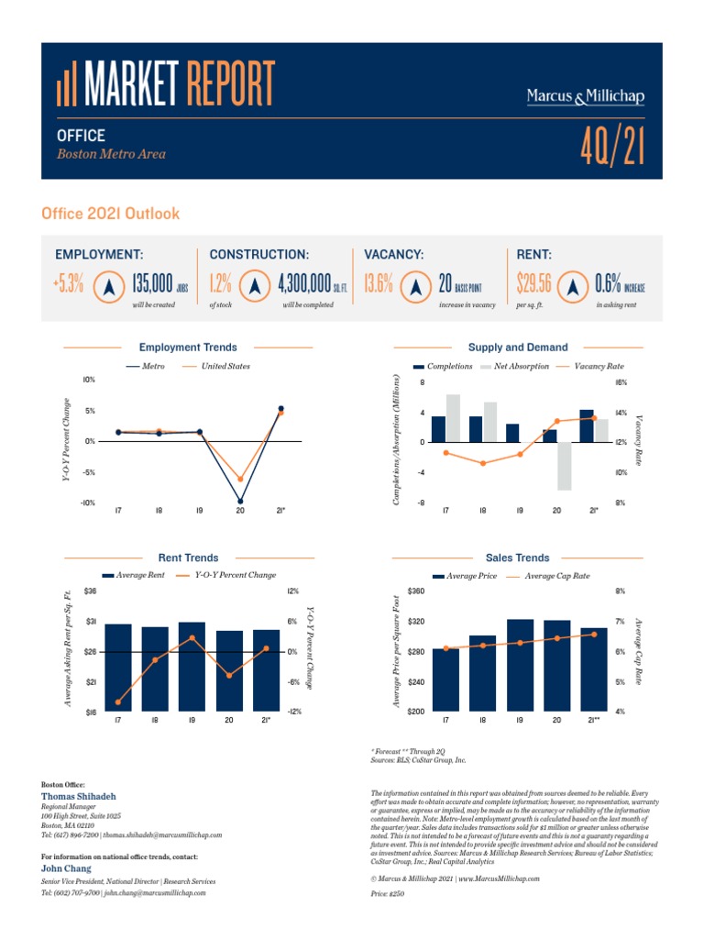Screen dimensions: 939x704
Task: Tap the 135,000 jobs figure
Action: [x=153, y=285]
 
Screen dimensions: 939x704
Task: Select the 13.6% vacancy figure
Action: [x=379, y=285]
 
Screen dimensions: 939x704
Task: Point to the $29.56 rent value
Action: [x=533, y=285]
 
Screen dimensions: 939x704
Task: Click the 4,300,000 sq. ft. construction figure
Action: [x=303, y=285]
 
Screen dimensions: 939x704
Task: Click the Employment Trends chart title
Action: [x=187, y=348]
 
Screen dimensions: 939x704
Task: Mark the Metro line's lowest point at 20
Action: [x=240, y=502]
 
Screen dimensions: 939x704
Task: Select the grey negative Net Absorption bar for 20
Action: [x=563, y=466]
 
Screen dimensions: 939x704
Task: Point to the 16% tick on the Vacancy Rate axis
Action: [x=620, y=382]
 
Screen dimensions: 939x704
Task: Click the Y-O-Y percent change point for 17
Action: [x=118, y=702]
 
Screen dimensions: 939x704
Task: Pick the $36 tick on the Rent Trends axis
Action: [x=90, y=591]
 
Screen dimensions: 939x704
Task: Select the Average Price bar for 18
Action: [x=482, y=673]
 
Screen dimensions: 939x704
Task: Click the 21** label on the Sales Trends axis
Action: [x=594, y=721]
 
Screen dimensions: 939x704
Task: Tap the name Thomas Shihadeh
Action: [x=79, y=796]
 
